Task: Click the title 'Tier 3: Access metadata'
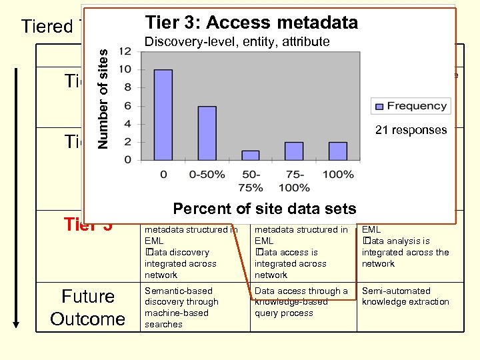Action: pyautogui.click(x=251, y=23)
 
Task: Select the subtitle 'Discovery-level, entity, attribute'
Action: pyautogui.click(x=237, y=42)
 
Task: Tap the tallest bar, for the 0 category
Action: pyautogui.click(x=163, y=115)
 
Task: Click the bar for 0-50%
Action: pyautogui.click(x=207, y=133)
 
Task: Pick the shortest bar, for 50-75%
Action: pyautogui.click(x=250, y=155)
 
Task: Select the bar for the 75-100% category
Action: pyautogui.click(x=294, y=151)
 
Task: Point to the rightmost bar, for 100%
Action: pyautogui.click(x=338, y=151)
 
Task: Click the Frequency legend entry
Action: pyautogui.click(x=409, y=106)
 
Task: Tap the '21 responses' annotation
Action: pyautogui.click(x=411, y=130)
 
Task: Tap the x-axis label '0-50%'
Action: pyautogui.click(x=207, y=175)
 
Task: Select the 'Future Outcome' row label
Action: pyautogui.click(x=88, y=307)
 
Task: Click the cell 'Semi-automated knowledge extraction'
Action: pyautogui.click(x=405, y=297)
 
